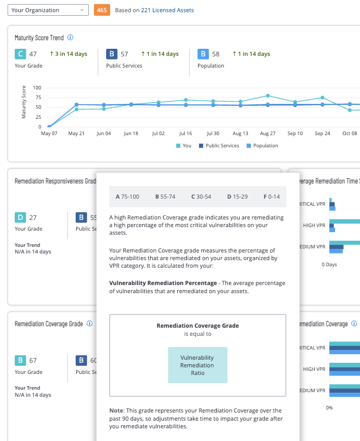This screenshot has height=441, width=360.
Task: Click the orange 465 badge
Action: click(102, 10)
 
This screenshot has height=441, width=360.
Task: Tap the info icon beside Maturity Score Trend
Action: click(71, 38)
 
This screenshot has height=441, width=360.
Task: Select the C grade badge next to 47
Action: click(20, 54)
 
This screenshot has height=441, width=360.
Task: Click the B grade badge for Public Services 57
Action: click(111, 54)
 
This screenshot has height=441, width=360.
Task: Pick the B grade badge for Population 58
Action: click(203, 54)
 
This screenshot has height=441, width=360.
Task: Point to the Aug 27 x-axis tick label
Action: click(268, 134)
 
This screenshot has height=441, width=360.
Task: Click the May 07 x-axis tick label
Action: click(49, 134)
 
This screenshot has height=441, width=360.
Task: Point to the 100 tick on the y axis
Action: click(37, 88)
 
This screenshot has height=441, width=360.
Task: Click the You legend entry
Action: click(183, 146)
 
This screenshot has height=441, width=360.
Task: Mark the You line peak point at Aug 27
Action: click(268, 96)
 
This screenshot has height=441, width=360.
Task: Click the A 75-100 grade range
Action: click(127, 197)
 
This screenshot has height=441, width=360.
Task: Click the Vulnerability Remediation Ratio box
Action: click(198, 365)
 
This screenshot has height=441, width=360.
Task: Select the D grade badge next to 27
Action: click(20, 217)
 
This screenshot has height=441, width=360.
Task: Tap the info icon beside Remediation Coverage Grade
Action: click(89, 324)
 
